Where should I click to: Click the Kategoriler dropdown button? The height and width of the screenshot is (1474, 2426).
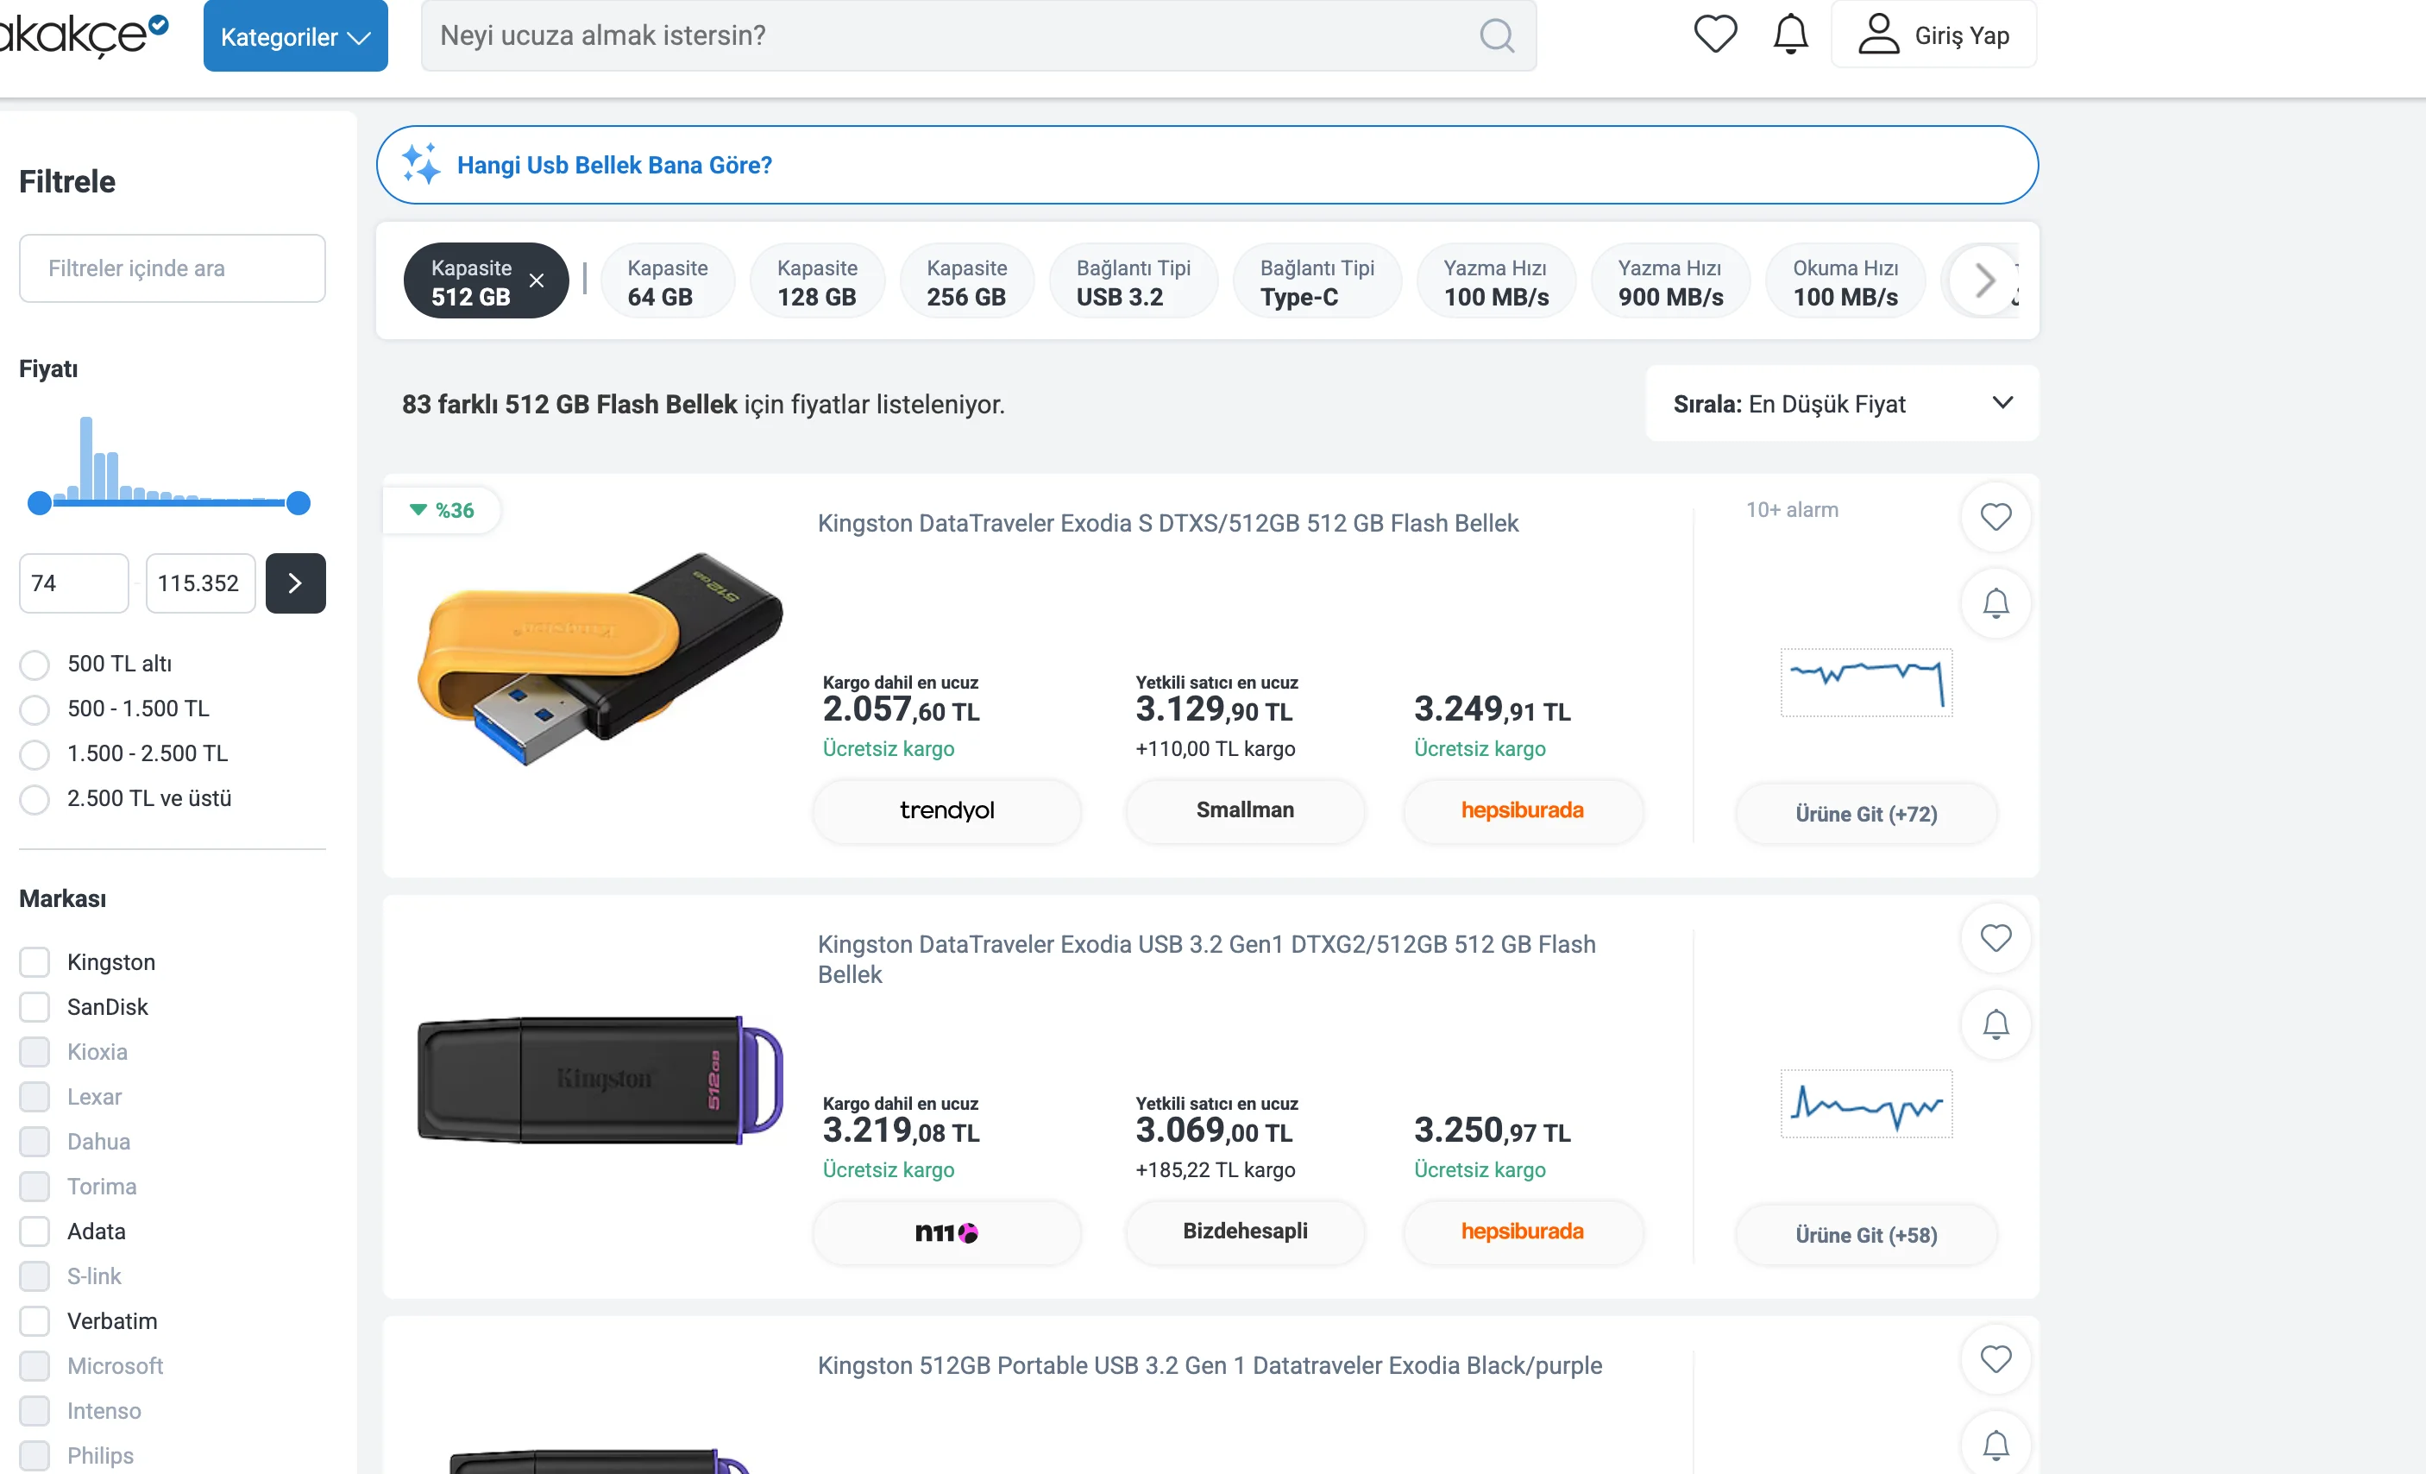pyautogui.click(x=295, y=36)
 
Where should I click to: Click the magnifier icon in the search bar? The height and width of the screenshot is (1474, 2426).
pyautogui.click(x=1497, y=35)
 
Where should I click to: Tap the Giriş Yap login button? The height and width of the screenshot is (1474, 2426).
pyautogui.click(x=1933, y=35)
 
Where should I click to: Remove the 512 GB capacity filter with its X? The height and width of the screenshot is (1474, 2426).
pyautogui.click(x=537, y=280)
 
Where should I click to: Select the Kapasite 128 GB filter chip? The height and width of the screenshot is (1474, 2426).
pyautogui.click(x=817, y=281)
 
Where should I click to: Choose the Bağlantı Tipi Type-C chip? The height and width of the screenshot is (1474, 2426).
pyautogui.click(x=1317, y=281)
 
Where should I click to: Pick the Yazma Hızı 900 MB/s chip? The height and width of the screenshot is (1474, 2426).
pyautogui.click(x=1671, y=281)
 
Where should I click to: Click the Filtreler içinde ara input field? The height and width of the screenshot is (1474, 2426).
pyautogui.click(x=173, y=268)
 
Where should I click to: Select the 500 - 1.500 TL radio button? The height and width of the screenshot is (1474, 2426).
pyautogui.click(x=35, y=709)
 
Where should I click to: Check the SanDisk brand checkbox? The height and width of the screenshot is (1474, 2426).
pyautogui.click(x=35, y=1006)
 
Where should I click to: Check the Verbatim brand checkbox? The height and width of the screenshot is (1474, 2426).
pyautogui.click(x=35, y=1320)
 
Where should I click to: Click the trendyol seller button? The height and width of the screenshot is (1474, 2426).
pyautogui.click(x=947, y=810)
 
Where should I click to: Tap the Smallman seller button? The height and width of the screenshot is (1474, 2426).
pyautogui.click(x=1246, y=810)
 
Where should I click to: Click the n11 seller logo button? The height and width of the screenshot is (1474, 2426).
pyautogui.click(x=947, y=1231)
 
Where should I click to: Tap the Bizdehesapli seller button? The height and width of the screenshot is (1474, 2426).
pyautogui.click(x=1246, y=1231)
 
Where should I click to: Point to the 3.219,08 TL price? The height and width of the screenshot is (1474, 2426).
pyautogui.click(x=901, y=1131)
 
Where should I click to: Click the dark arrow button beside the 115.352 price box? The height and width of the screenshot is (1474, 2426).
pyautogui.click(x=295, y=583)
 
